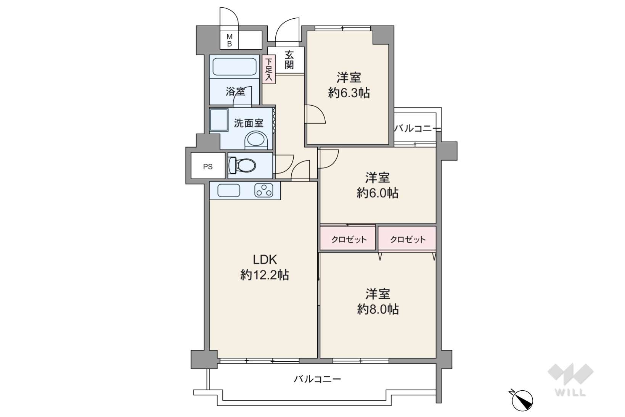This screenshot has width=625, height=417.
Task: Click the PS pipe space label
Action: click(x=207, y=167)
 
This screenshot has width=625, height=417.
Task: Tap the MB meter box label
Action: click(x=229, y=40)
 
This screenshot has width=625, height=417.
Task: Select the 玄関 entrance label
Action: click(x=289, y=60)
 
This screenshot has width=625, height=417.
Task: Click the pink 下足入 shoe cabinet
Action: click(x=269, y=69)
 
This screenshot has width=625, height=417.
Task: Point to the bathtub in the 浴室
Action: click(x=235, y=67)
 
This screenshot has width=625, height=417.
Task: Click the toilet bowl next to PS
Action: click(x=242, y=165)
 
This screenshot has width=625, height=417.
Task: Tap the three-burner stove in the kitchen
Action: click(x=263, y=190)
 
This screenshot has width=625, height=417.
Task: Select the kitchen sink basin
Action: click(x=229, y=190)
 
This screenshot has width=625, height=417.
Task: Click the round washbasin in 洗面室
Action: click(x=256, y=140)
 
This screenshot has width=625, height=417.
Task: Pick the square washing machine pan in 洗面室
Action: click(x=219, y=120)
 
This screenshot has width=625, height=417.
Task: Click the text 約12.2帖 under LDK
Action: click(x=265, y=275)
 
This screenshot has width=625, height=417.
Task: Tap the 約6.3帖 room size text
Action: click(x=349, y=93)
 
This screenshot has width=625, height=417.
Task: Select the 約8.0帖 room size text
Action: click(x=378, y=309)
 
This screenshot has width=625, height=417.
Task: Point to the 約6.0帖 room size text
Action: click(x=378, y=193)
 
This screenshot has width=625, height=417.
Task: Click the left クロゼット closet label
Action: click(x=349, y=240)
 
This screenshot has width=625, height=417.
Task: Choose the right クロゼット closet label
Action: click(x=408, y=240)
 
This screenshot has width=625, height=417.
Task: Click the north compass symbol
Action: click(x=522, y=400)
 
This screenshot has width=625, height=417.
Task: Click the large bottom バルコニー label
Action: click(x=317, y=379)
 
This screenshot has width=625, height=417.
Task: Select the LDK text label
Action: click(x=265, y=259)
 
